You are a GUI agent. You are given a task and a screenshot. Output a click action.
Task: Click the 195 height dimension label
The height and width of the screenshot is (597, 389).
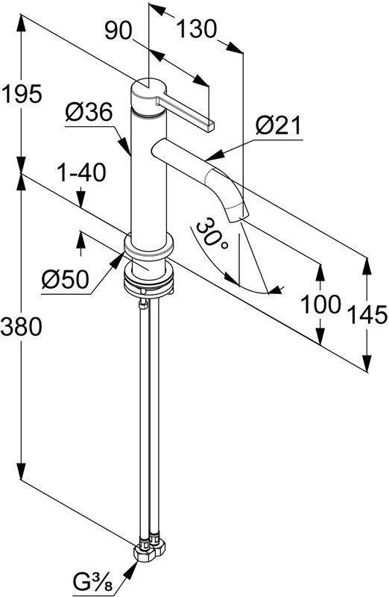click(x=20, y=95)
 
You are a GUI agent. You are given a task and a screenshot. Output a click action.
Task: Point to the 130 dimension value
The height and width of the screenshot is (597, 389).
click(x=195, y=30)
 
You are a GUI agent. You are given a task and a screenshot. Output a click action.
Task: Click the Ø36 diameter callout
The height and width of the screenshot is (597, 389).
click(x=88, y=113)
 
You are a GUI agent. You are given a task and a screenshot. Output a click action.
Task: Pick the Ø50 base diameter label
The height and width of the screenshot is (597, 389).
click(x=65, y=280)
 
